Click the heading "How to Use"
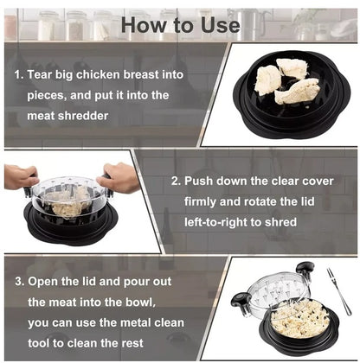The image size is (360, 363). [180, 24]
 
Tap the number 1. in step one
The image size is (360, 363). [19, 75]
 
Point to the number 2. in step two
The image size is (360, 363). [175, 183]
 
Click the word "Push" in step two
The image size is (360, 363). [202, 183]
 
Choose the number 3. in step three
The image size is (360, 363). [19, 282]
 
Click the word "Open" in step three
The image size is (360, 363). [46, 282]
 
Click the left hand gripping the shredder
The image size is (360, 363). [20, 177]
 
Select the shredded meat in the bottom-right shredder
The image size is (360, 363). [299, 319]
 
